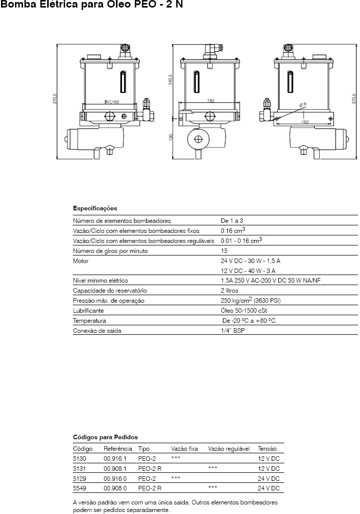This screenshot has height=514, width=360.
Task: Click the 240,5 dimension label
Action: coord(171,79)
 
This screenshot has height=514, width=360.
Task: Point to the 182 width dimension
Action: coord(211,100)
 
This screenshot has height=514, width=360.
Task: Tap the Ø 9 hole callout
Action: coord(303,104)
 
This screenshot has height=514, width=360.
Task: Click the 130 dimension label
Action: coord(171,137)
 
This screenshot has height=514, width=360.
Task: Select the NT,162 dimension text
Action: coord(112,102)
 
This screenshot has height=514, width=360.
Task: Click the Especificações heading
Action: coord(95,208)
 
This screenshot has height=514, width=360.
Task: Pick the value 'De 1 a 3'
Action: coord(232,221)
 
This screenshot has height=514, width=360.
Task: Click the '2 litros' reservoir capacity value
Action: coord(229,291)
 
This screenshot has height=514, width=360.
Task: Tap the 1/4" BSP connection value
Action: coord(233,330)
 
